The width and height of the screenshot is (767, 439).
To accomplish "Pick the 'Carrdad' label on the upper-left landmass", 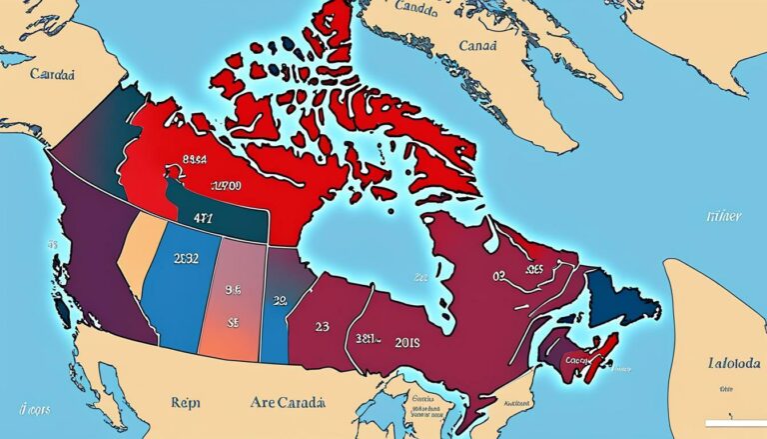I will [x=51, y=75].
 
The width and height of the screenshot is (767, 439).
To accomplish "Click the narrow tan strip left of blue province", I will [x=146, y=270].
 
